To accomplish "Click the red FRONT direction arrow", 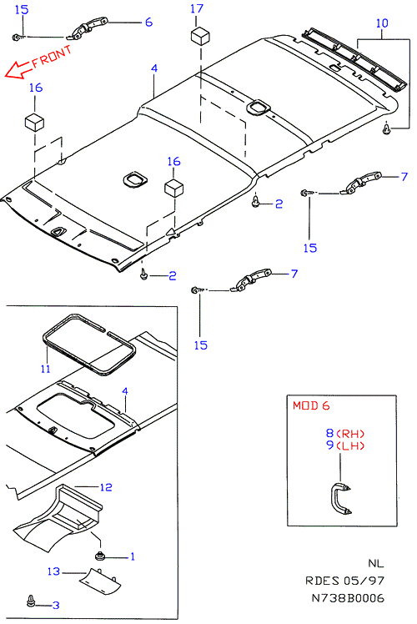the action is tap(18, 69).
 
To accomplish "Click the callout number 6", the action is tap(148, 22).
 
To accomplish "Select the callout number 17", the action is tap(197, 8).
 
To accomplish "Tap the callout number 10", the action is tap(382, 23).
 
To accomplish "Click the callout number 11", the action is tap(45, 369).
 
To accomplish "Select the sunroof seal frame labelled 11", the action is tap(89, 345).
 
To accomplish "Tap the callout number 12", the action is tap(106, 487).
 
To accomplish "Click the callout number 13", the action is tap(53, 571).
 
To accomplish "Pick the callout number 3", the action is tap(56, 606).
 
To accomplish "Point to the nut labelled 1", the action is tap(99, 556).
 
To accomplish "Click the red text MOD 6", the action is tap(311, 405).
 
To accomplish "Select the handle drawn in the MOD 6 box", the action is tap(339, 500).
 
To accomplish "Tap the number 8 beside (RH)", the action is tap(330, 433).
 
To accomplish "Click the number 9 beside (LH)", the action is tap(330, 445).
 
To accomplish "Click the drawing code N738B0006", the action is tap(348, 598).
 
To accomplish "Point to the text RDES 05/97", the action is tap(345, 581).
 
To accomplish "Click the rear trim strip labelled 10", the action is tap(355, 59).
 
